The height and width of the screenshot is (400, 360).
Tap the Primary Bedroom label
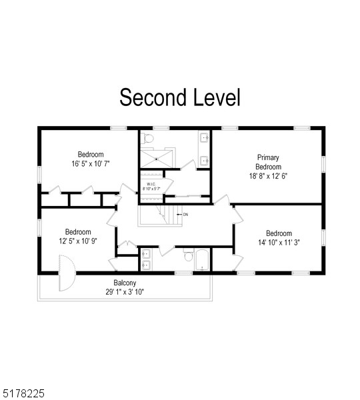click(x=269, y=162)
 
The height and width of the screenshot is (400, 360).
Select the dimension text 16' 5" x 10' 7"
click(x=91, y=163)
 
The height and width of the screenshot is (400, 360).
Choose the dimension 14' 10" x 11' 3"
click(x=279, y=243)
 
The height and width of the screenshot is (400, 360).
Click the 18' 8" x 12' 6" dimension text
click(x=269, y=176)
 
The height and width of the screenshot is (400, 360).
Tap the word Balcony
click(x=125, y=283)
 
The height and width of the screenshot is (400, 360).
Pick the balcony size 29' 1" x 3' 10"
click(x=125, y=292)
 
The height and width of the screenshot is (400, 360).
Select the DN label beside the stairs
click(x=185, y=214)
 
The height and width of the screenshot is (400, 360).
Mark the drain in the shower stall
click(x=156, y=159)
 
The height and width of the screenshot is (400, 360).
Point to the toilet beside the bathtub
click(x=189, y=257)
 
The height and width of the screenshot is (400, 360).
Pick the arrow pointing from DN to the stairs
click(x=179, y=214)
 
